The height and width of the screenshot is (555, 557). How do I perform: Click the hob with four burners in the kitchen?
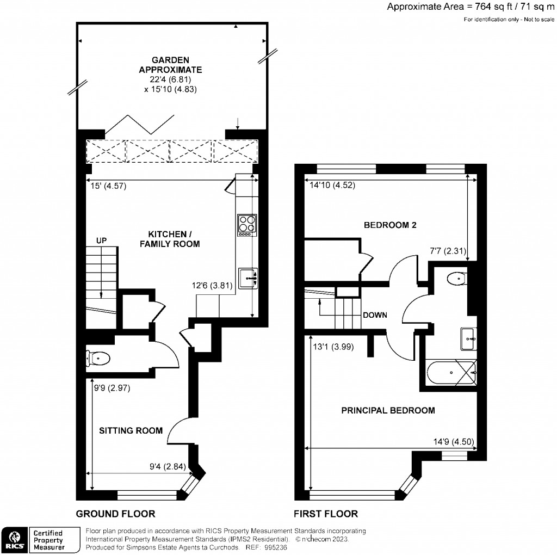246,225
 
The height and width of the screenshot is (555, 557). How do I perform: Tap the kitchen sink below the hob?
247,277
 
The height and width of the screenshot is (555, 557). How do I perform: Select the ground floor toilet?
98,359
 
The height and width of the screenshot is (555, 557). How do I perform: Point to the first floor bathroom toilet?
456,279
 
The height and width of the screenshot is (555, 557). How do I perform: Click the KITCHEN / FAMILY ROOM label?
170,239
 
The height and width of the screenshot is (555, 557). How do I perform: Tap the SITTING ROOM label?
131,430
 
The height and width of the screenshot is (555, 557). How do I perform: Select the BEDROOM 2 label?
390,225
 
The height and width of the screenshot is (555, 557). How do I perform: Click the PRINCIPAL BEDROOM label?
388,410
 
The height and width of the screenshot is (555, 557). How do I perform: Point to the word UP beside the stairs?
102,240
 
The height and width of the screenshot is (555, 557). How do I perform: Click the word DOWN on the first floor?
375,315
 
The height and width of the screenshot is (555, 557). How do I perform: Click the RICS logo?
14,540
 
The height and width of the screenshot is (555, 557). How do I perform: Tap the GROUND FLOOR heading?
115,514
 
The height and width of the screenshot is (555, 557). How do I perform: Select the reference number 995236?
274,547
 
